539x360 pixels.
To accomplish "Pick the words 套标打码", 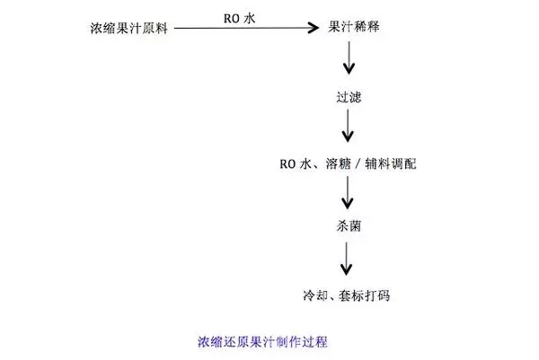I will (x=367, y=294).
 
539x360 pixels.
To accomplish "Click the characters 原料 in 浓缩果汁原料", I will (x=155, y=29).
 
